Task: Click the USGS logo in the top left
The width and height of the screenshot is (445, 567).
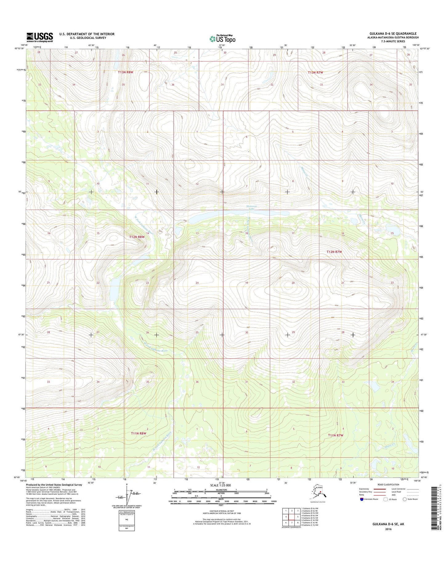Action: tap(39, 37)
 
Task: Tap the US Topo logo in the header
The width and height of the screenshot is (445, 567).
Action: tap(222, 39)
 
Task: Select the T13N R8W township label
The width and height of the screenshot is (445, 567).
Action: tap(125, 72)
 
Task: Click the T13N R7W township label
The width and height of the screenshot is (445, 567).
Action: tap(316, 72)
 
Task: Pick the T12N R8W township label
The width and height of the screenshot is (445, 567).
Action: tap(137, 237)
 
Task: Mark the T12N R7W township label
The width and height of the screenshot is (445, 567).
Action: tap(334, 252)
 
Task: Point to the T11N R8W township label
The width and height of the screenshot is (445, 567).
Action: tap(138, 433)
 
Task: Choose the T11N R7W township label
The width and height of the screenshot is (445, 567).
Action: tap(335, 435)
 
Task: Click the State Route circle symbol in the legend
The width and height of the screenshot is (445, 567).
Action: tap(405, 499)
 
